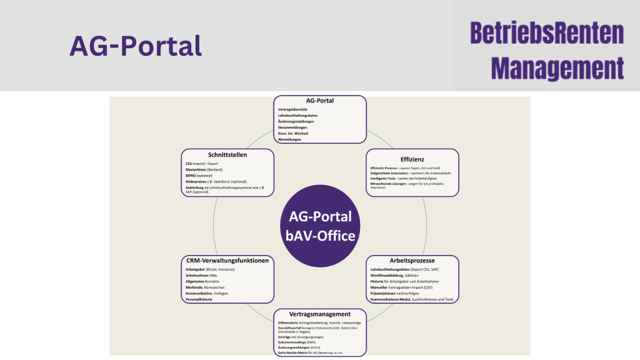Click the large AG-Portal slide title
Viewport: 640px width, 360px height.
click(x=135, y=45)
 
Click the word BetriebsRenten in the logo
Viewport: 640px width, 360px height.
click(x=546, y=33)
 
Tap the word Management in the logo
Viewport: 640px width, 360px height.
click(x=557, y=67)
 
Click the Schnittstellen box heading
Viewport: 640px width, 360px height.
click(x=227, y=155)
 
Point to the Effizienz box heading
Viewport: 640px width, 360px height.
click(x=413, y=159)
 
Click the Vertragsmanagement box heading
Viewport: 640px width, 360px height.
click(x=319, y=314)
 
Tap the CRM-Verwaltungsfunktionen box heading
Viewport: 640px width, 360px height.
click(x=227, y=260)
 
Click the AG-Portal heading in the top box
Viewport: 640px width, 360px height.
click(x=320, y=101)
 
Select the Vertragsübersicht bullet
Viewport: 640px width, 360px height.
click(x=294, y=109)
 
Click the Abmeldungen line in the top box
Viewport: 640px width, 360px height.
click(x=289, y=139)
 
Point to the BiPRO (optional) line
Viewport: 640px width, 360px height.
click(x=200, y=176)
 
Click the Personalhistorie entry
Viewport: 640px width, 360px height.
click(x=199, y=299)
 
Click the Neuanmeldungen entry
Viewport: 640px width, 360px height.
click(x=292, y=127)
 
